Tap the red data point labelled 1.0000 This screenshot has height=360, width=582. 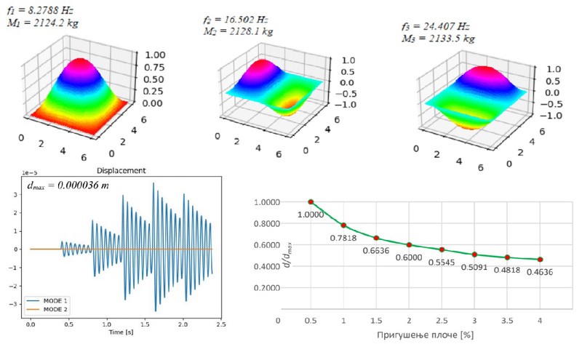311,201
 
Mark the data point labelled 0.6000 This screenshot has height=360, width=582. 410,245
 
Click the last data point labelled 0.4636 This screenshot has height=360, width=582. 541,260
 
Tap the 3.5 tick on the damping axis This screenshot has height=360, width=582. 508,319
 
